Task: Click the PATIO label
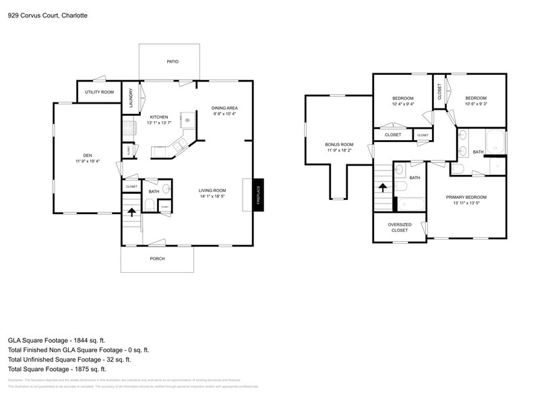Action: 173,61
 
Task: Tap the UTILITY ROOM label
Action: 99,92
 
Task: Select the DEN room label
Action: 88,158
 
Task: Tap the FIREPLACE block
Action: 258,195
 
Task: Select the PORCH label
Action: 157,259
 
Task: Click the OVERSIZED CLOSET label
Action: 399,228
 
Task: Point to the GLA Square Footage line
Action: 57,341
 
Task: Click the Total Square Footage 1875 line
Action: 57,369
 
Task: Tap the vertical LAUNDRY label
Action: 131,99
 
